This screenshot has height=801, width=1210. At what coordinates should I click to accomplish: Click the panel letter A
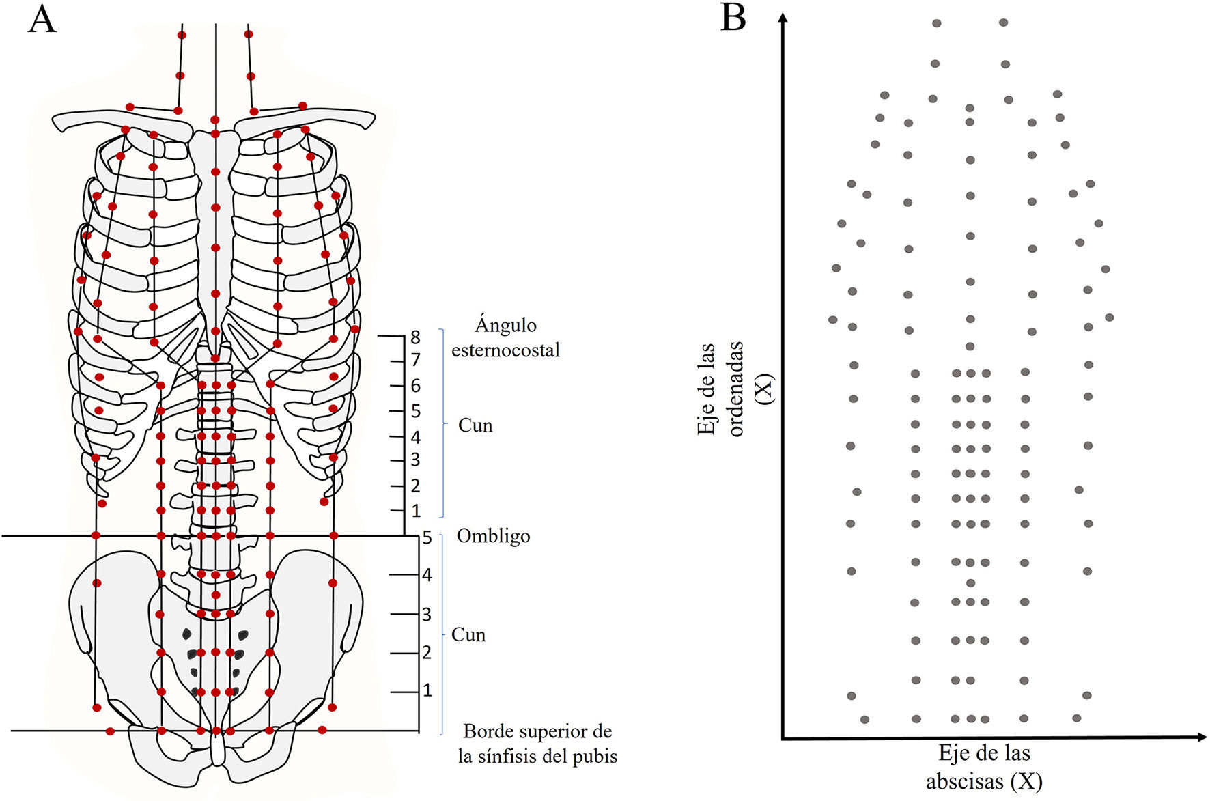[x=42, y=19]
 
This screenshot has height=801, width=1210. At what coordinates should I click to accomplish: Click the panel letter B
[x=733, y=18]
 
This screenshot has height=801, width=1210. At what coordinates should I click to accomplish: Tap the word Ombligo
[x=493, y=536]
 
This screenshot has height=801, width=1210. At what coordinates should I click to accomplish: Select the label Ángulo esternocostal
[x=505, y=337]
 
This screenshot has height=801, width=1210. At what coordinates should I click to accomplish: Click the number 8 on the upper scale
[x=415, y=337]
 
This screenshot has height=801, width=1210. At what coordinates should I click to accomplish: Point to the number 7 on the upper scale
[x=415, y=360]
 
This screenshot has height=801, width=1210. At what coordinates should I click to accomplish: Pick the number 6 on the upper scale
[x=415, y=386]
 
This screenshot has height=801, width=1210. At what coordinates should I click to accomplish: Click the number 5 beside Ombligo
[x=427, y=538]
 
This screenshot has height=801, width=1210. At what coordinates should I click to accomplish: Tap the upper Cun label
[x=475, y=425]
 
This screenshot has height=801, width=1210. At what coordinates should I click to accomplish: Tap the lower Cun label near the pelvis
[x=468, y=635]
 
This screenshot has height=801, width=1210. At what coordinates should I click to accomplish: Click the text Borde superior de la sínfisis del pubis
[x=537, y=744]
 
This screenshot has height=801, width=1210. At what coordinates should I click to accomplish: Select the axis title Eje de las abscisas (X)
[x=984, y=767]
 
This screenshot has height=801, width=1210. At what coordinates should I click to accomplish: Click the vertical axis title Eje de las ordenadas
[x=720, y=389]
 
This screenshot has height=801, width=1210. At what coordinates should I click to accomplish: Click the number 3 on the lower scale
[x=427, y=615]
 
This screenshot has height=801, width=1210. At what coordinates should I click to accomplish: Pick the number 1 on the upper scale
[x=416, y=511]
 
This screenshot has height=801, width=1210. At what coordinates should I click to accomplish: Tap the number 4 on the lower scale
[x=427, y=575]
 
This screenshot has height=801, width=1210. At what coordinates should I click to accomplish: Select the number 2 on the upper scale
[x=415, y=486]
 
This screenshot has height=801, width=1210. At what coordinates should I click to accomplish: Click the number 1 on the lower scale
[x=427, y=690]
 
